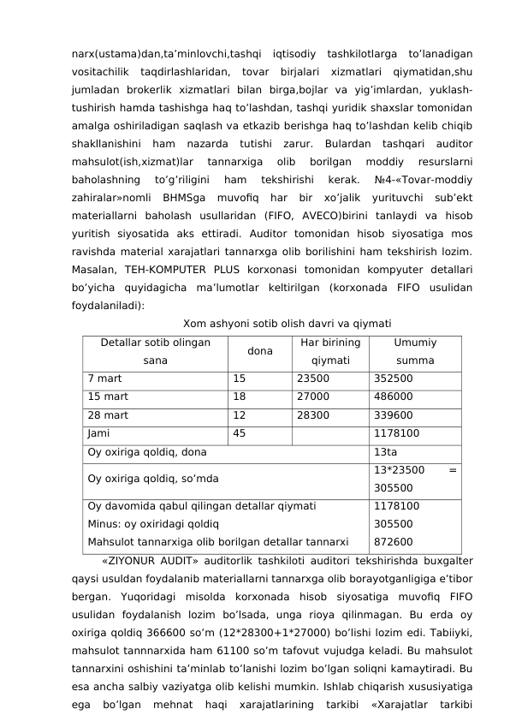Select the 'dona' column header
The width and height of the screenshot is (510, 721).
point(259,351)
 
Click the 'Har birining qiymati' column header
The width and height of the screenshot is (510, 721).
point(330,351)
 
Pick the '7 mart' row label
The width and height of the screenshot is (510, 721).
point(104,378)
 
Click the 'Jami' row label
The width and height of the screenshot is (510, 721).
point(98,433)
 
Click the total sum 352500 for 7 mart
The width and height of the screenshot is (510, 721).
point(394,378)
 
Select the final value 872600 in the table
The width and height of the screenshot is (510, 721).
point(394,541)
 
